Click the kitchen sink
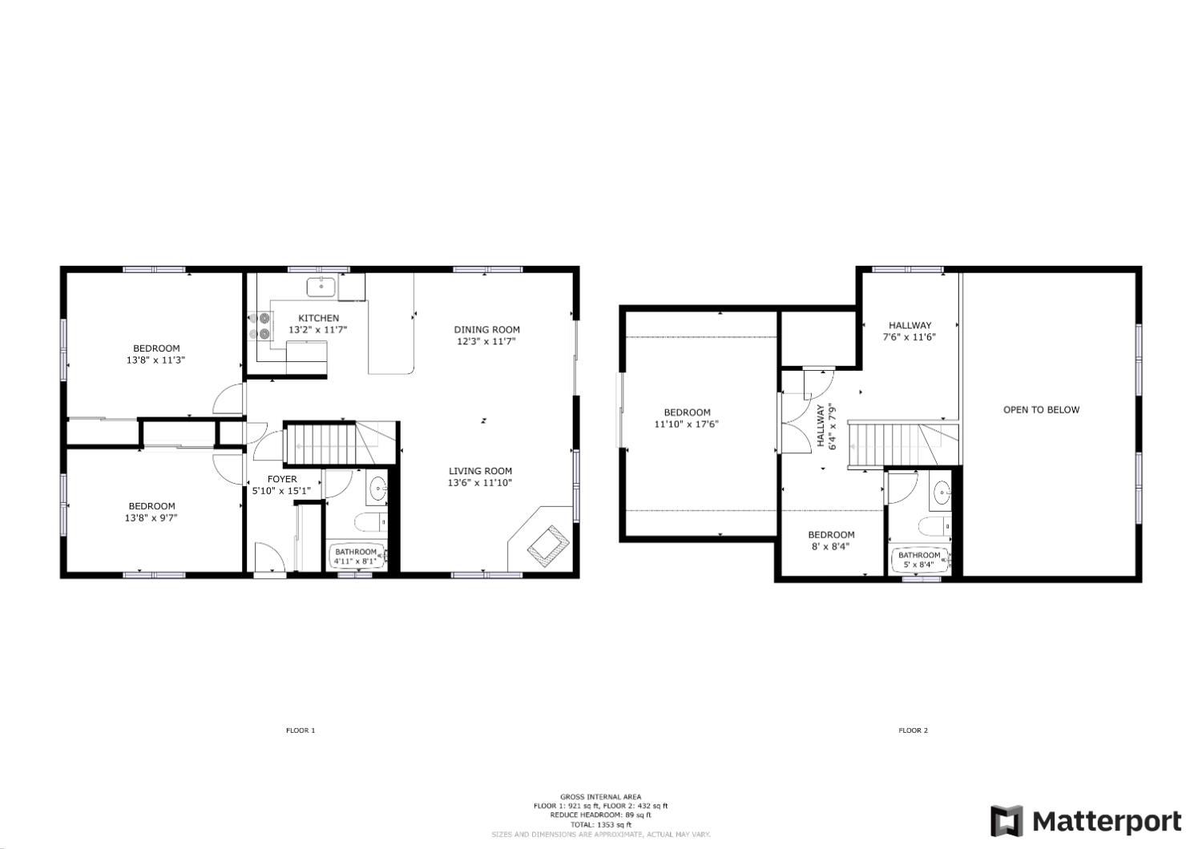321,286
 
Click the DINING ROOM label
486,329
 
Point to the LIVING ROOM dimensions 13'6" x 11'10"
479,482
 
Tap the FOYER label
281,479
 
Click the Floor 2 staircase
884,445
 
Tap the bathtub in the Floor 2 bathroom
919,559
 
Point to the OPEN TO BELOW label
1041,409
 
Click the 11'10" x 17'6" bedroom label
686,418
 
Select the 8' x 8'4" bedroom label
831,541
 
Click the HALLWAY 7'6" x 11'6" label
910,331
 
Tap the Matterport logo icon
1006,821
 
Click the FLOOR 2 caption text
913,730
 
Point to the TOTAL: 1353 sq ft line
601,824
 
